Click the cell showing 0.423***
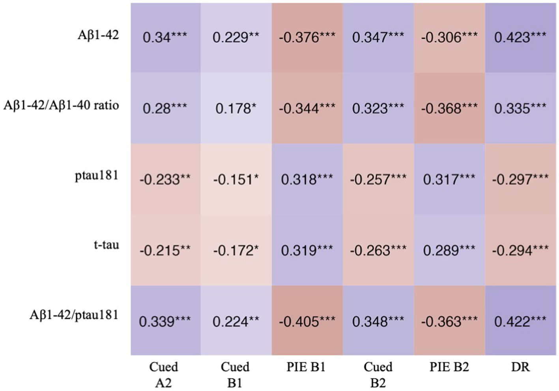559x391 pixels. coord(520,37)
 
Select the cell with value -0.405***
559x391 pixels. coord(307,321)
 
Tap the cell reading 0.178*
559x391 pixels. coord(236,108)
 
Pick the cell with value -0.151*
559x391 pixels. coord(236,180)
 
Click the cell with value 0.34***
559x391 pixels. coord(165,37)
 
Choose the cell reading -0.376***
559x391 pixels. coord(307,37)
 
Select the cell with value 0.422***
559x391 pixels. coord(520,321)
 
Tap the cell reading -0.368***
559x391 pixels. coord(449,108)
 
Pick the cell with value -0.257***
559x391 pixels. coord(378,180)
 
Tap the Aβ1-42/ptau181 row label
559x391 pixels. coord(74,315)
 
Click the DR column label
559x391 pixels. coord(520,367)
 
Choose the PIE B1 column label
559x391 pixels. coord(306,367)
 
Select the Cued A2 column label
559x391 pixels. coord(164,374)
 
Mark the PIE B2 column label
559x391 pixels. coord(449,367)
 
